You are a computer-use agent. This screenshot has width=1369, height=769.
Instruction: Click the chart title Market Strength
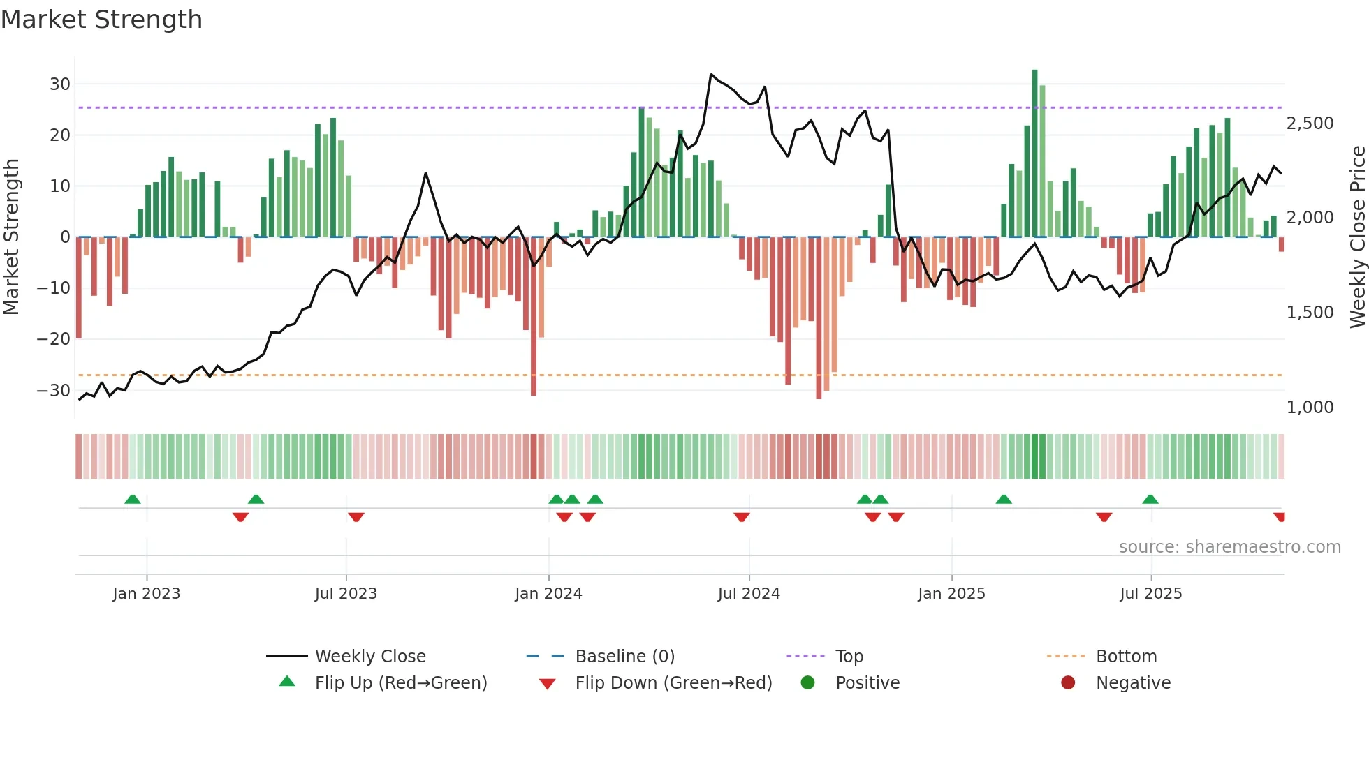[101, 20]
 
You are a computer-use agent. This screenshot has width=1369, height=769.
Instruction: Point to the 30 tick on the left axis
[60, 84]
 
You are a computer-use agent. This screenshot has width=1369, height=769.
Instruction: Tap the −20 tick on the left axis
[54, 339]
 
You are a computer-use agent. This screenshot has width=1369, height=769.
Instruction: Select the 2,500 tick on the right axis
[1310, 124]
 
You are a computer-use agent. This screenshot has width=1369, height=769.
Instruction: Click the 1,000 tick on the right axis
[1310, 408]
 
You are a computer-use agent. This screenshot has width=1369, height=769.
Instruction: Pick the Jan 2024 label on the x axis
[548, 594]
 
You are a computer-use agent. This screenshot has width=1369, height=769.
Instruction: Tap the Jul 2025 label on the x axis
[1150, 594]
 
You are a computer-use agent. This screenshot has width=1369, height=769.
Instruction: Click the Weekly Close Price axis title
[1357, 237]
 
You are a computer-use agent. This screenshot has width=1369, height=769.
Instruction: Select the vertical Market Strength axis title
[12, 237]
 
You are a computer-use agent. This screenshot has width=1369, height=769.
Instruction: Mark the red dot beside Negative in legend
[1068, 682]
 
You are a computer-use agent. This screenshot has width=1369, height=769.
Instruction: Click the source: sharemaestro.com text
[1229, 547]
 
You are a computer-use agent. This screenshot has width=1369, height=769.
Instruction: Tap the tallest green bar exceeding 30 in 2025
[1034, 154]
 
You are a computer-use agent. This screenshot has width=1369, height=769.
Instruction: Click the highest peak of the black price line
[711, 74]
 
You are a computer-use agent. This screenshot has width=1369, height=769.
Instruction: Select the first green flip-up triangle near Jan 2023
[133, 499]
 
